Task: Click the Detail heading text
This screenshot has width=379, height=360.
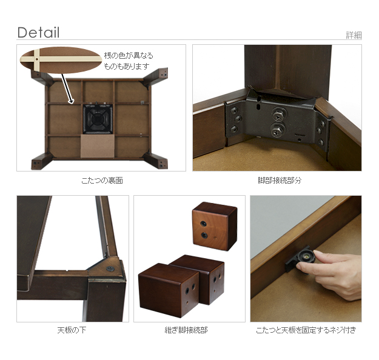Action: click(38, 32)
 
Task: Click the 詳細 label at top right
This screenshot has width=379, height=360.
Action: click(354, 35)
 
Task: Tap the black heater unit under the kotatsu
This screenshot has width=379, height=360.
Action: click(98, 119)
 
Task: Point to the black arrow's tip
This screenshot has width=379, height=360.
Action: click(72, 103)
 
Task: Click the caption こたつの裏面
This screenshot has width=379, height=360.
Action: click(102, 181)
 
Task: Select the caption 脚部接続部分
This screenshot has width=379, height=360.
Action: click(280, 181)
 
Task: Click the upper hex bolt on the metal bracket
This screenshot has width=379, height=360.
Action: click(279, 115)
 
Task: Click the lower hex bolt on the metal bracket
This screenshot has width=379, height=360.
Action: click(277, 130)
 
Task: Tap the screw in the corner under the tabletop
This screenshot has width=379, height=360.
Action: click(110, 268)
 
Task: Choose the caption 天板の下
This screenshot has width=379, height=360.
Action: click(72, 330)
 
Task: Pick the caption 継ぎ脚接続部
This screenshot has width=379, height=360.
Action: click(186, 330)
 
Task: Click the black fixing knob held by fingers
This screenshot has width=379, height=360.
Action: click(306, 257)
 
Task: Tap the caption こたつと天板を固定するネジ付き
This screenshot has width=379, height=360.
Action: click(306, 330)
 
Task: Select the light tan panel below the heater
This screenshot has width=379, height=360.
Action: click(98, 146)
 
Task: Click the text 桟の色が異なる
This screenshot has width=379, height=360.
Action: click(129, 56)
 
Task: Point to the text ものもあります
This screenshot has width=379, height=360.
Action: click(126, 66)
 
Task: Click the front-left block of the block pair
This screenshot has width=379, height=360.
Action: click(168, 290)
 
